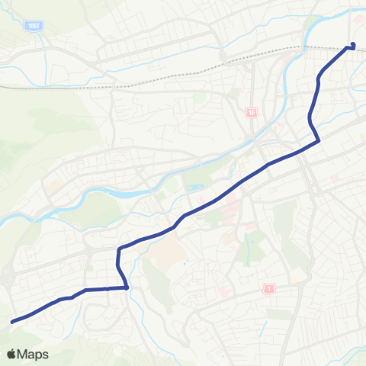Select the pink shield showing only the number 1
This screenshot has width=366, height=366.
269,288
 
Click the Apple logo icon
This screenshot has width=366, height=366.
11,354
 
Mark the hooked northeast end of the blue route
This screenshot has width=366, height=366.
352,45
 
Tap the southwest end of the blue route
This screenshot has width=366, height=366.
12,322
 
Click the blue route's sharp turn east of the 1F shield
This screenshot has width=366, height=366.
317,140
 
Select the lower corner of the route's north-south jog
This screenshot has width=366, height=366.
125,287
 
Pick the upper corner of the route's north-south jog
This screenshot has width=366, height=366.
119,249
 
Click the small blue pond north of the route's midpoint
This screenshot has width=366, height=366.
194,187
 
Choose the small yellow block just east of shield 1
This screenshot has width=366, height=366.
294,279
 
